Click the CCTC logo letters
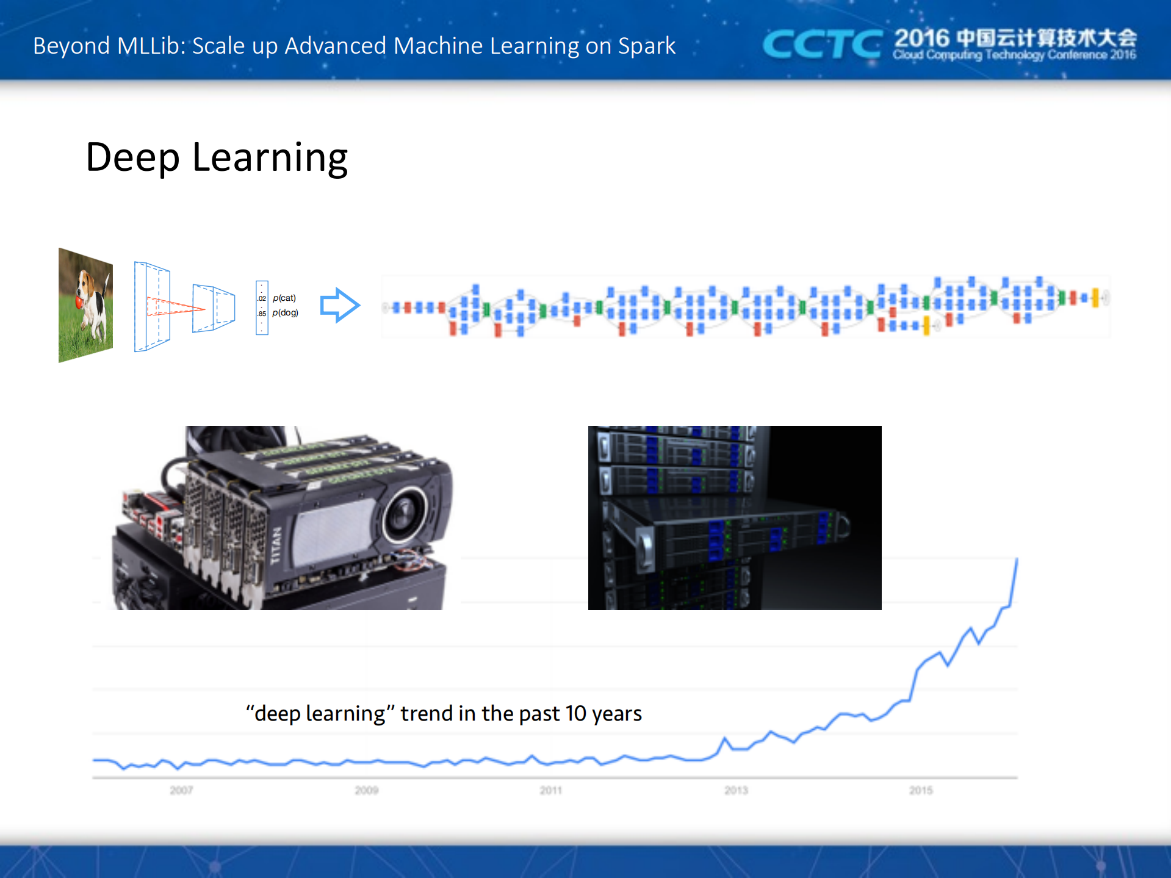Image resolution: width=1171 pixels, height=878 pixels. (x=821, y=45)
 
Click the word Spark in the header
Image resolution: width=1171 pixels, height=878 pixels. (x=646, y=46)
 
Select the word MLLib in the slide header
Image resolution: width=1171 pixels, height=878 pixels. (x=151, y=46)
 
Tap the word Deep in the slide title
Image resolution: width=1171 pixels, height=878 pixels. (x=132, y=158)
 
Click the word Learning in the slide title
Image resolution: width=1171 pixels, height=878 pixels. (x=270, y=158)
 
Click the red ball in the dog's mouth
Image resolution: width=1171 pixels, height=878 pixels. (x=80, y=301)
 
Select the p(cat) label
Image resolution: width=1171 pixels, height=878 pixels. (x=284, y=298)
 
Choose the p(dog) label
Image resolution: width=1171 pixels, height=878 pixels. (x=285, y=313)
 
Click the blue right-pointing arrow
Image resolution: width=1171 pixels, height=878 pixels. (x=340, y=305)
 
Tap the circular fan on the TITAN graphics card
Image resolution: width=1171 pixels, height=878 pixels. (x=404, y=515)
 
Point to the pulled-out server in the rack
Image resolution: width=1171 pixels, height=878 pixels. (x=732, y=537)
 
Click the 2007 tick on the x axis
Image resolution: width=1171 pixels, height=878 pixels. (x=181, y=790)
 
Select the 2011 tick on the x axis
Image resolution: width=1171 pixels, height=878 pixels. (x=550, y=790)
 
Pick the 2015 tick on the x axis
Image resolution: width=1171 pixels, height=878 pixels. (x=921, y=790)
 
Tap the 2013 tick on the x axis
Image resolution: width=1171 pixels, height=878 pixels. (x=736, y=790)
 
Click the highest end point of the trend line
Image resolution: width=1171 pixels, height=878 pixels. (x=1017, y=559)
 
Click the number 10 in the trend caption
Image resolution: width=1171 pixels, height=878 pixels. (x=575, y=713)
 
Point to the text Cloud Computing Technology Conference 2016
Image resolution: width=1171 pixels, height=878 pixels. (x=1014, y=56)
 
